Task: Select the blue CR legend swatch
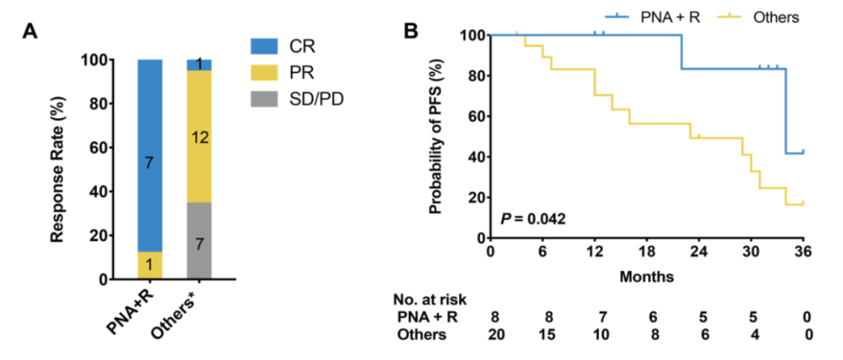point(269,46)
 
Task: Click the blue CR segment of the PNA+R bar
point(150,155)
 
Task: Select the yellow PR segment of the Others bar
point(199,137)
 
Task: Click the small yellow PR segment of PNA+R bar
point(150,266)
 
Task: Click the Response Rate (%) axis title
point(56,169)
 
